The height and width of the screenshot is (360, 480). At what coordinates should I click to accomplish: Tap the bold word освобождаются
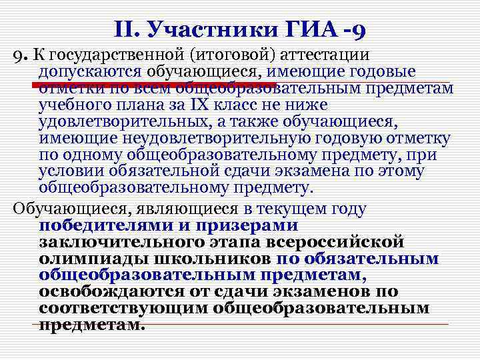tap(113, 291)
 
